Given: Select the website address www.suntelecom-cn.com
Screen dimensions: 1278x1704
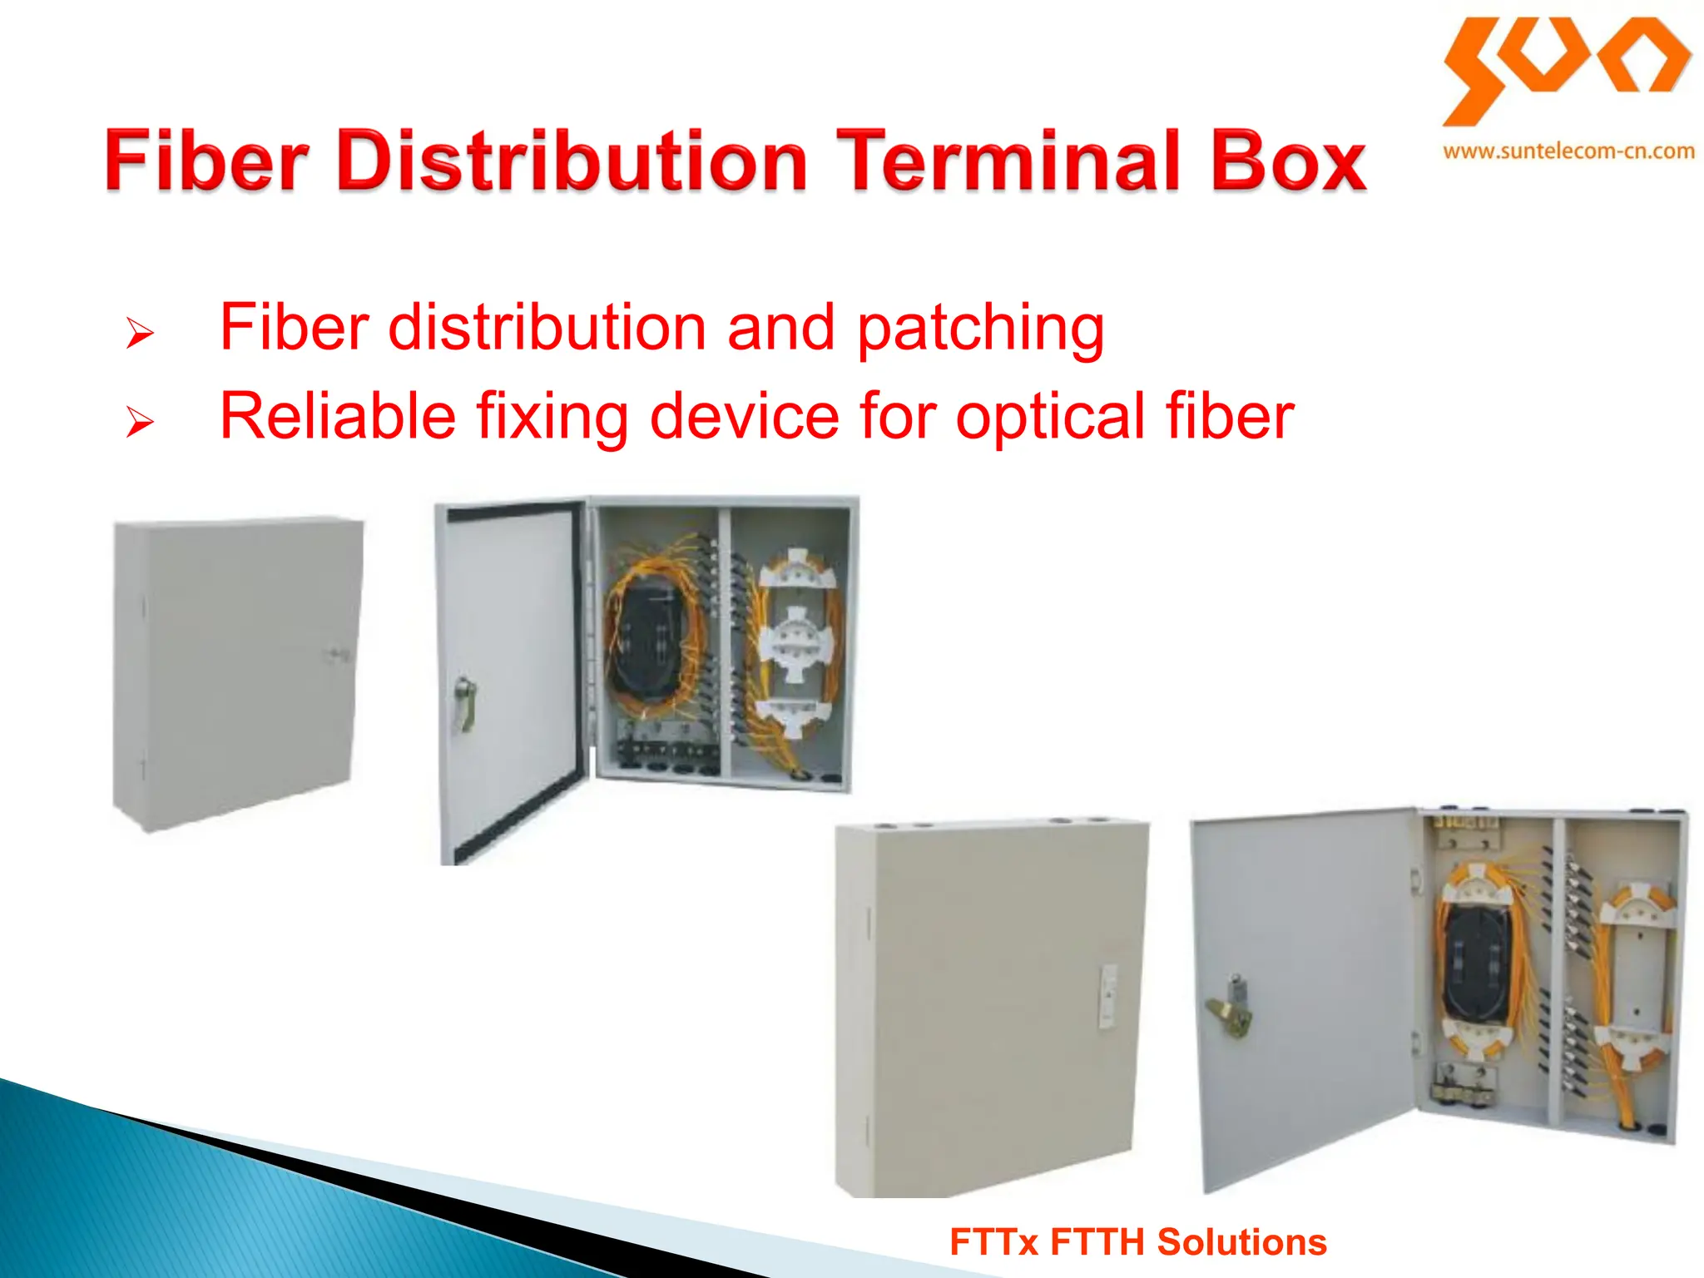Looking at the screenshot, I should click(x=1568, y=152).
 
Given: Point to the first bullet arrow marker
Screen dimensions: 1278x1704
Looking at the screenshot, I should click(x=140, y=333).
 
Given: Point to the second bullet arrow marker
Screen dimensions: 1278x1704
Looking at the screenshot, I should click(x=140, y=422).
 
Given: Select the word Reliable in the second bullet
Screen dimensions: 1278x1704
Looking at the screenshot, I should click(x=337, y=416).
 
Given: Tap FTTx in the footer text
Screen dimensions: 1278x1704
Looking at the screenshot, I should click(x=993, y=1242).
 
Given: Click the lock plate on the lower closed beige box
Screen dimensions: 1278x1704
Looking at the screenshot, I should click(x=1107, y=997).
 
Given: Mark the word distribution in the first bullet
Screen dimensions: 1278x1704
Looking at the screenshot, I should click(x=547, y=328).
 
